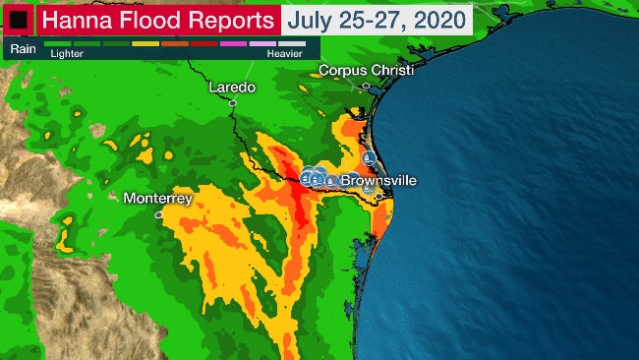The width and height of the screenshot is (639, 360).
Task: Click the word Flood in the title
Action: click(148, 19)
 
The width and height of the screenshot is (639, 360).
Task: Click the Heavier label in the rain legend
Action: click(286, 54)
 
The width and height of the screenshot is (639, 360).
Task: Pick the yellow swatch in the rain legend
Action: click(145, 44)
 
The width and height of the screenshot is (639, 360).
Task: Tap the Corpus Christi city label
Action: click(366, 71)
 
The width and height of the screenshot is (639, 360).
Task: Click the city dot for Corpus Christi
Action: click(365, 87)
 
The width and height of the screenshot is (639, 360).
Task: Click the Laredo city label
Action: click(232, 88)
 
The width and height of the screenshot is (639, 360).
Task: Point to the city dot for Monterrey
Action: click(158, 213)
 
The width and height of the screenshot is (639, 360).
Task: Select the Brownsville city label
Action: click(378, 182)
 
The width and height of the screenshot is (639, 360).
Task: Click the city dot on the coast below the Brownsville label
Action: click(378, 197)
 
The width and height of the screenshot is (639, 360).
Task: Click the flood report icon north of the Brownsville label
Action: click(368, 157)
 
